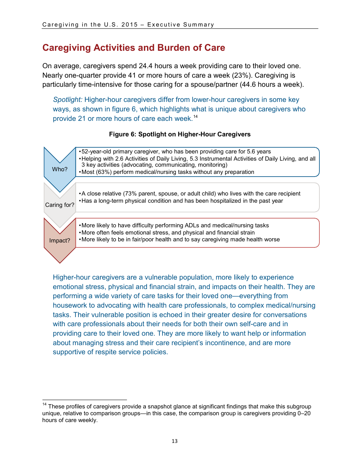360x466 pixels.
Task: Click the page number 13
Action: [x=175, y=441]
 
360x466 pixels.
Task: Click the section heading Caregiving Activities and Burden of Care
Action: [x=134, y=48]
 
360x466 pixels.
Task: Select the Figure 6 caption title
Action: [x=180, y=134]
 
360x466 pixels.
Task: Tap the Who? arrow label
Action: [x=59, y=169]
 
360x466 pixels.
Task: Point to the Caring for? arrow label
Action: [x=59, y=205]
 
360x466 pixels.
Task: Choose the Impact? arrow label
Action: [x=59, y=241]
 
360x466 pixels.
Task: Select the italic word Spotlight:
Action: [x=67, y=100]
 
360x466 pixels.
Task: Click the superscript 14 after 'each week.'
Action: [x=196, y=117]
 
